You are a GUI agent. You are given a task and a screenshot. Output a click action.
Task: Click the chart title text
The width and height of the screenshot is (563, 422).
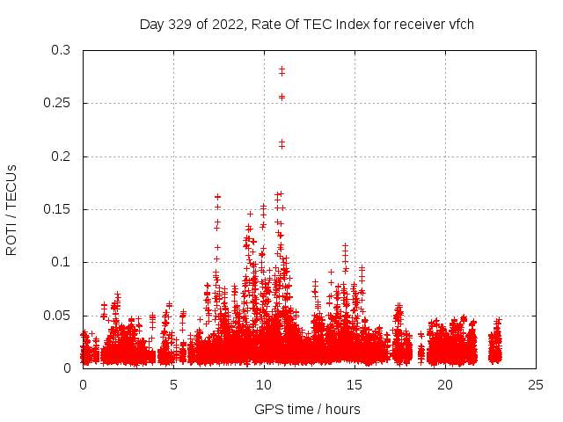307,24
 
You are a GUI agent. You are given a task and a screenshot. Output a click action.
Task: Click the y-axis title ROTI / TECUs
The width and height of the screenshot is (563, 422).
11,209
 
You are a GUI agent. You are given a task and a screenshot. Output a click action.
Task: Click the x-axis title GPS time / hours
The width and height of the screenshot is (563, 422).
307,409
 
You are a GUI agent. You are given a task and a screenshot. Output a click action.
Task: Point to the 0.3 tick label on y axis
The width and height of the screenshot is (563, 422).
62,50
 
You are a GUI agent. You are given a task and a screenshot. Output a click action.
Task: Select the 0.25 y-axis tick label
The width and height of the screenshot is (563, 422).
58,103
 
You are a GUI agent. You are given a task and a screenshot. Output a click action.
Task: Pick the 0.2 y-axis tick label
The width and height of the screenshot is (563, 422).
62,156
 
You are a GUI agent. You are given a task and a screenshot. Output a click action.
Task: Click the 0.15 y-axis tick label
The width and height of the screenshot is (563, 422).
58,209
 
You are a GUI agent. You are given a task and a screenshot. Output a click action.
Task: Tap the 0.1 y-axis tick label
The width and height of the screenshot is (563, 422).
62,262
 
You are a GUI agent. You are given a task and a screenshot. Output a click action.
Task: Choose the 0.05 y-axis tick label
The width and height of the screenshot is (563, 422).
58,315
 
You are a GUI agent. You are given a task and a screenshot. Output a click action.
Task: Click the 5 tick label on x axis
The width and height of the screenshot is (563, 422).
173,384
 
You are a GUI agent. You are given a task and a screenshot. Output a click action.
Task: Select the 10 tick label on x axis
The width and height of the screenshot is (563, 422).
264,384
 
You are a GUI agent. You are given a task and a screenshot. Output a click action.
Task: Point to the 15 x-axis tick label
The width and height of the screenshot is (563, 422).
355,384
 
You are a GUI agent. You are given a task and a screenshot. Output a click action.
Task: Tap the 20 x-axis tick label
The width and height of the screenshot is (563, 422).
445,384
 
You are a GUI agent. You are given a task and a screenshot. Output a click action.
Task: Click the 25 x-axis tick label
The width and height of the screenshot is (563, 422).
536,384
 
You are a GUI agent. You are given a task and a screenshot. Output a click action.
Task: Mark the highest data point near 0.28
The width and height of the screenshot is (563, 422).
281,69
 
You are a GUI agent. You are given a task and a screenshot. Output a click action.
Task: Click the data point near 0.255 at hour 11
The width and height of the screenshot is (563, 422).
281,97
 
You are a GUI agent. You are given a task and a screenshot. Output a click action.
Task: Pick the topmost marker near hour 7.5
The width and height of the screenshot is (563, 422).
217,197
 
